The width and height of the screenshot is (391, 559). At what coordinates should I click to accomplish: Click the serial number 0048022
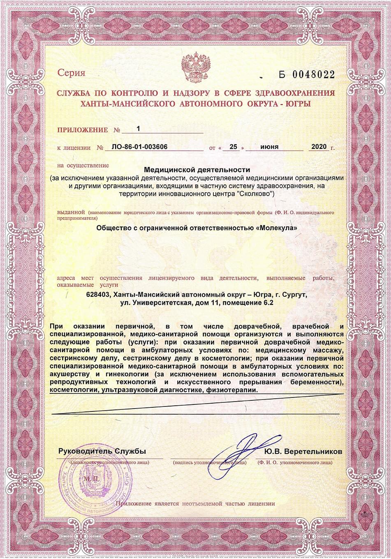[313, 75]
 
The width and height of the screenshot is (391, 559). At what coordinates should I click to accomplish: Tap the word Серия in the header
[71, 73]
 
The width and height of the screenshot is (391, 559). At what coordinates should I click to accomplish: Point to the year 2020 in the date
[319, 147]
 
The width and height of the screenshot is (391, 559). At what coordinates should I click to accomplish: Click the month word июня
[269, 147]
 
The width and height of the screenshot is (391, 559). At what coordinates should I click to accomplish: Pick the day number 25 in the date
[234, 147]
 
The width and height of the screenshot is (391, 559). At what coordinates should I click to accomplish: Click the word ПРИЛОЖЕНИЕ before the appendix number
[82, 130]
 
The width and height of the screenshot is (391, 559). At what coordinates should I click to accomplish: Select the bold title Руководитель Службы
[102, 451]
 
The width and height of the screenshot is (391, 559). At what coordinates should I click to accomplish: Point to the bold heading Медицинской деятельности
[197, 169]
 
